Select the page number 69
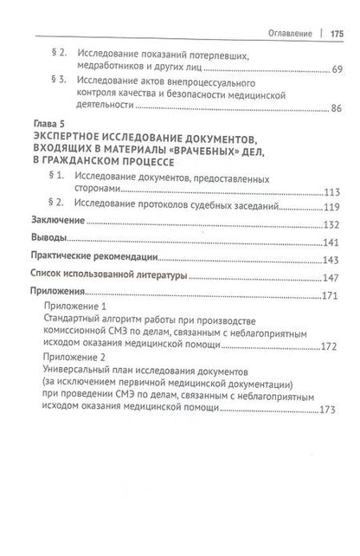click(336, 69)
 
